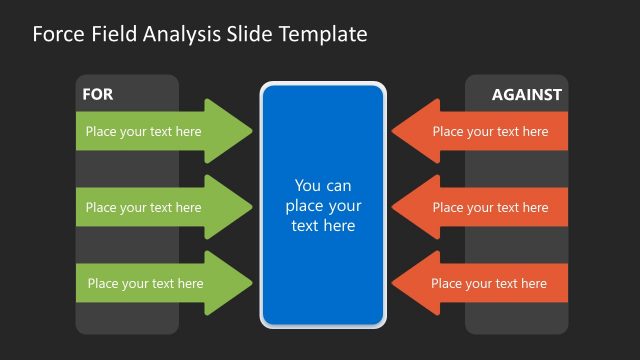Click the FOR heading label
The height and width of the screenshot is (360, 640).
[x=97, y=95]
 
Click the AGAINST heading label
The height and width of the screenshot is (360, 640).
[x=527, y=95]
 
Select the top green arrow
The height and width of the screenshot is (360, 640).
[x=160, y=131]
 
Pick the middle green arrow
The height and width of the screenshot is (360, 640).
[x=160, y=208]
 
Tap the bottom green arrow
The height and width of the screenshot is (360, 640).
[x=160, y=283]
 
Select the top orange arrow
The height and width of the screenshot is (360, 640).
[x=480, y=131]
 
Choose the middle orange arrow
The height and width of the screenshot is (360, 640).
[x=480, y=208]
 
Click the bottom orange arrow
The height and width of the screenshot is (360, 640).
[x=480, y=283]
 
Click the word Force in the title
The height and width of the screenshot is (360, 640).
[x=57, y=34]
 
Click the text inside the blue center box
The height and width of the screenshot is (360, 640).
[x=323, y=205]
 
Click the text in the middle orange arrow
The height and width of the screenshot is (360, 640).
[x=490, y=208]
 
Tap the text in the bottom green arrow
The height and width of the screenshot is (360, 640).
[x=145, y=283]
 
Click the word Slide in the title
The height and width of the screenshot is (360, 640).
[x=244, y=34]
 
